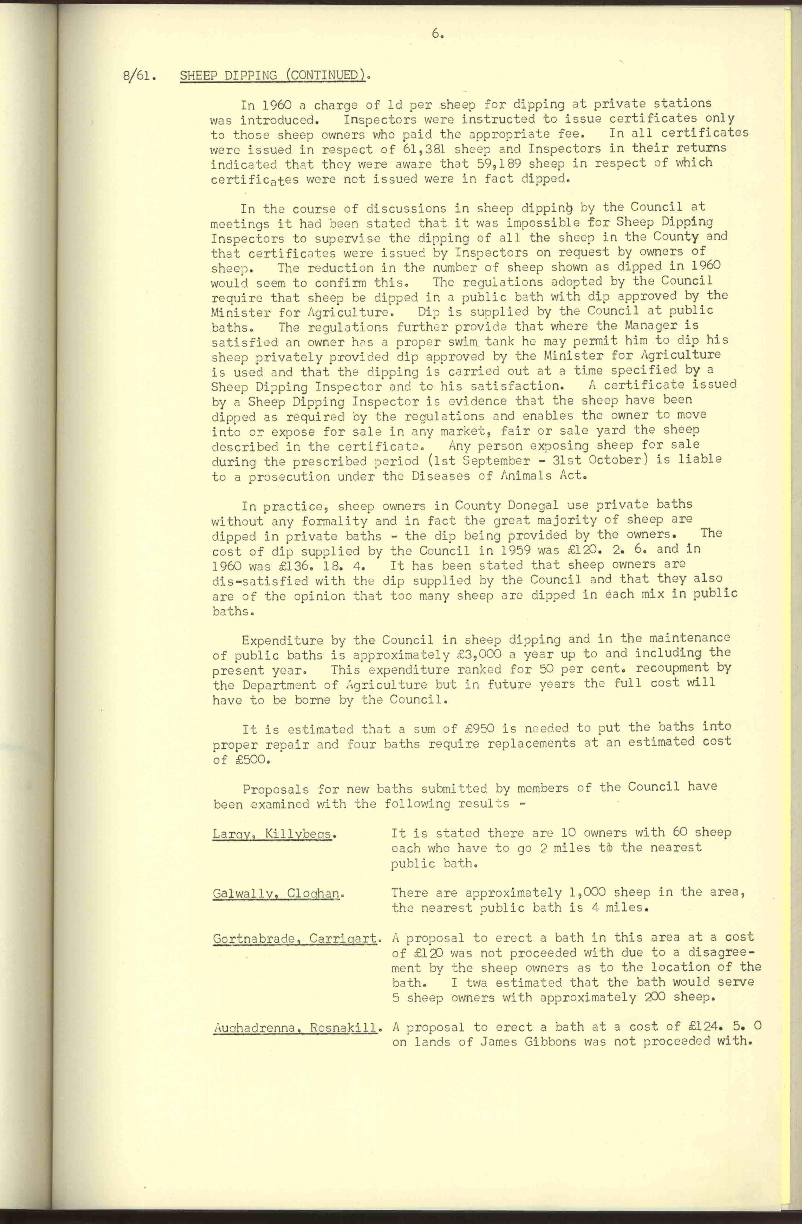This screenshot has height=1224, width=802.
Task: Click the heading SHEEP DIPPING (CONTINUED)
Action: tap(274, 76)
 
